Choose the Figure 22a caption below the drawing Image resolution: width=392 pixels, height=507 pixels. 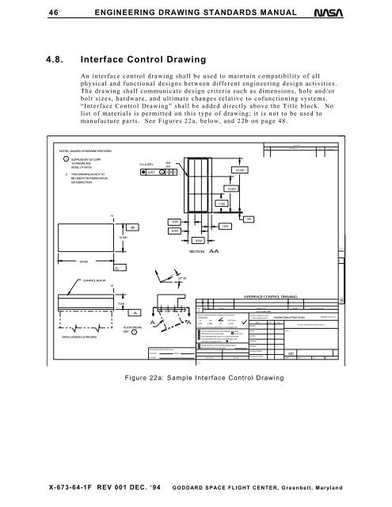click(x=219, y=378)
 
